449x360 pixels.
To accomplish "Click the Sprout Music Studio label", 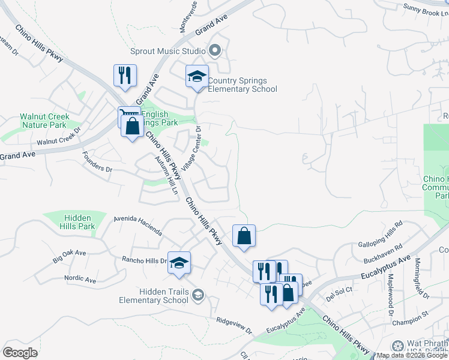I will [168, 52].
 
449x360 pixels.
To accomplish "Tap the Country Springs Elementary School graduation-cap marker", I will [196, 76].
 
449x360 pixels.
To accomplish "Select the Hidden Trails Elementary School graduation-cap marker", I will [179, 263].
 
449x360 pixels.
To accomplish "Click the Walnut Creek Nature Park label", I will [44, 121].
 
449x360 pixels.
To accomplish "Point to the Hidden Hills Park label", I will [77, 222].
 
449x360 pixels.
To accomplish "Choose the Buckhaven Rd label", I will [382, 254].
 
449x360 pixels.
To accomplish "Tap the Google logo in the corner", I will [20, 353].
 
